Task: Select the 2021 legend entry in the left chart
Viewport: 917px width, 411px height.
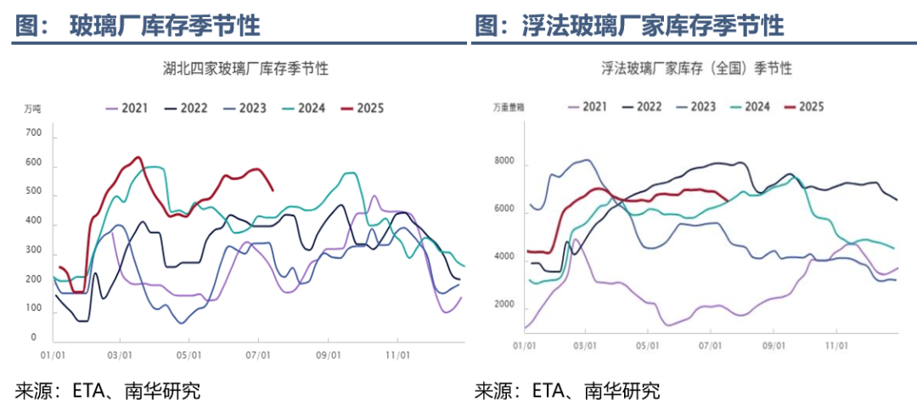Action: pyautogui.click(x=127, y=108)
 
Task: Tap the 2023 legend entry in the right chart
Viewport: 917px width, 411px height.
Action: pyautogui.click(x=694, y=106)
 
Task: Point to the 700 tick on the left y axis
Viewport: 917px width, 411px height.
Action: pyautogui.click(x=34, y=133)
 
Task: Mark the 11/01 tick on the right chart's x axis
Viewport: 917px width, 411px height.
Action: pyautogui.click(x=837, y=346)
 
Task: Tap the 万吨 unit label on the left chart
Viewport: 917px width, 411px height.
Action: pyautogui.click(x=32, y=109)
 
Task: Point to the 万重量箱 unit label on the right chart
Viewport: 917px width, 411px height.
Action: pyautogui.click(x=508, y=107)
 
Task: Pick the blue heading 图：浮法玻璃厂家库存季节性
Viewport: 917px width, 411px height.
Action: pyautogui.click(x=628, y=25)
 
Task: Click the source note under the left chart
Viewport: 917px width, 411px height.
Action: pyautogui.click(x=107, y=391)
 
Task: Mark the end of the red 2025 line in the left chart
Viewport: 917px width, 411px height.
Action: pyautogui.click(x=272, y=189)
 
